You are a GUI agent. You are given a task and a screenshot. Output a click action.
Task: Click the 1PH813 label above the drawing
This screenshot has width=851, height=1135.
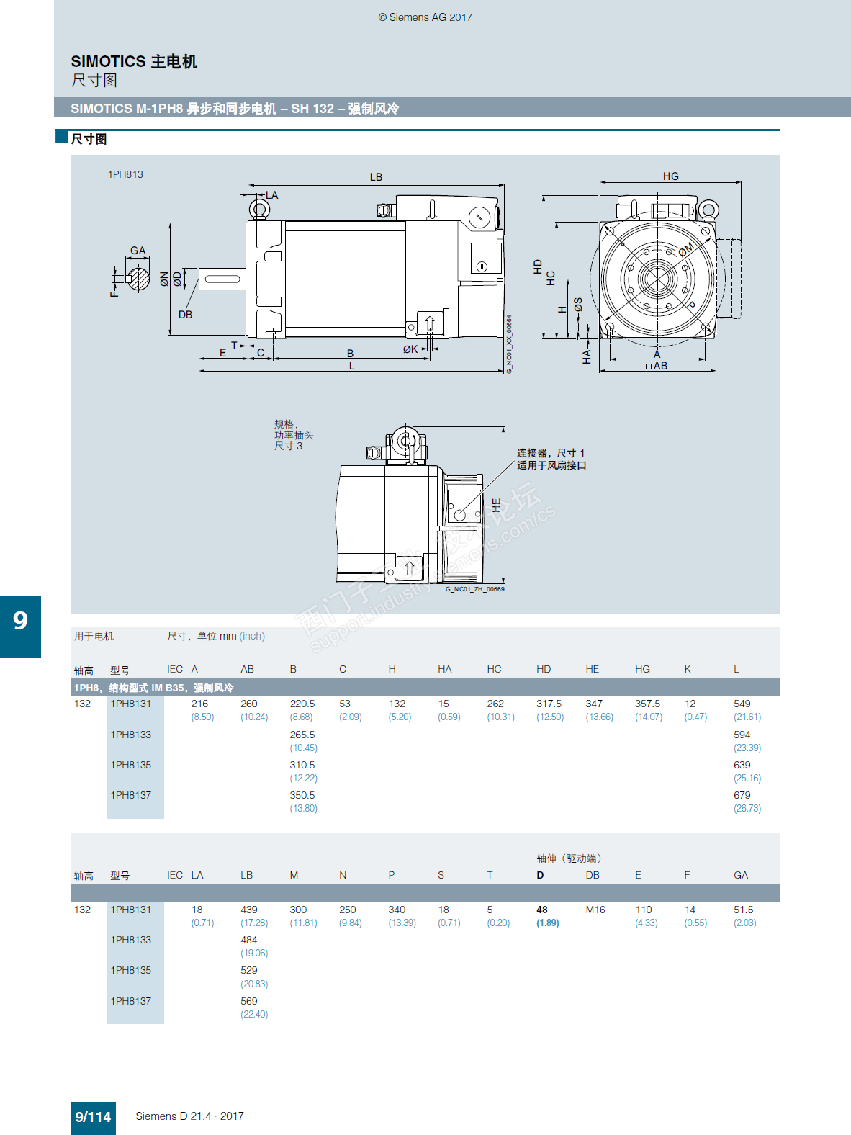[x=125, y=174]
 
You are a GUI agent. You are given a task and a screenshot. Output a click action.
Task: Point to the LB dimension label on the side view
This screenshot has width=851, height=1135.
[x=376, y=177]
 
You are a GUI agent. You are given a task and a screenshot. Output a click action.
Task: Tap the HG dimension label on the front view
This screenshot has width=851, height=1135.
[x=671, y=176]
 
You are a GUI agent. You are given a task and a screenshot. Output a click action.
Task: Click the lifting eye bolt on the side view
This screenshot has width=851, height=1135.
[x=259, y=210]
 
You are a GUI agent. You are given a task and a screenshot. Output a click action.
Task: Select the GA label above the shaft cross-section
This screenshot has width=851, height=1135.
[x=138, y=251]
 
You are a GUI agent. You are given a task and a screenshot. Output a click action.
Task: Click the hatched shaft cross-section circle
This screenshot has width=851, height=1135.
[x=138, y=279]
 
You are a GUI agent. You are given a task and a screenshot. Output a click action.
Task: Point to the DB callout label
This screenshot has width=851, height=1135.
[x=185, y=315]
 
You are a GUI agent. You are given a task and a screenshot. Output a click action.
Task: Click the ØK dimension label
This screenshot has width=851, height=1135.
[x=410, y=349]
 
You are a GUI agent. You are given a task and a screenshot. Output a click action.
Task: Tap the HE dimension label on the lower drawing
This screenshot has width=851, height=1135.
[x=496, y=505]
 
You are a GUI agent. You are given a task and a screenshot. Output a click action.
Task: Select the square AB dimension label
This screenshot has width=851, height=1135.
[x=657, y=366]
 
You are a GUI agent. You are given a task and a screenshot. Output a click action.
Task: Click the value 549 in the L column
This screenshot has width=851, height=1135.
[x=742, y=704]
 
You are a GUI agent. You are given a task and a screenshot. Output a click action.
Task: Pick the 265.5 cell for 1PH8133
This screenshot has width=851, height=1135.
[x=302, y=735]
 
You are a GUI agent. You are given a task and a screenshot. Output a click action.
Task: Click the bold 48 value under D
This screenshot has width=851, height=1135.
[x=542, y=910]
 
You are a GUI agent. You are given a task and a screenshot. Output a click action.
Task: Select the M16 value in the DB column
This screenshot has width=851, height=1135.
[x=595, y=910]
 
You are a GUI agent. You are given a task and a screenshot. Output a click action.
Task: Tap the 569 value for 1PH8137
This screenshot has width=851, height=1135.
[x=248, y=1001]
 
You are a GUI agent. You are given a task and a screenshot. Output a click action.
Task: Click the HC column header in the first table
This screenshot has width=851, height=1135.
[x=494, y=669]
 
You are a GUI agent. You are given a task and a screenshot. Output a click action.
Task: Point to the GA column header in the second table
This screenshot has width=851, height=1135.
[x=741, y=875]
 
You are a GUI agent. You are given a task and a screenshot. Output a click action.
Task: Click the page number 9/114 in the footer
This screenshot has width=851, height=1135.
[x=93, y=1117]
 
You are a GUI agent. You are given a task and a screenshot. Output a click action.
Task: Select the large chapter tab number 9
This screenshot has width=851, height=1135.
[x=20, y=621]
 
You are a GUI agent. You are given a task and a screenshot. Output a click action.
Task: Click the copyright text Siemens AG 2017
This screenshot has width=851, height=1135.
[x=425, y=17]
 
